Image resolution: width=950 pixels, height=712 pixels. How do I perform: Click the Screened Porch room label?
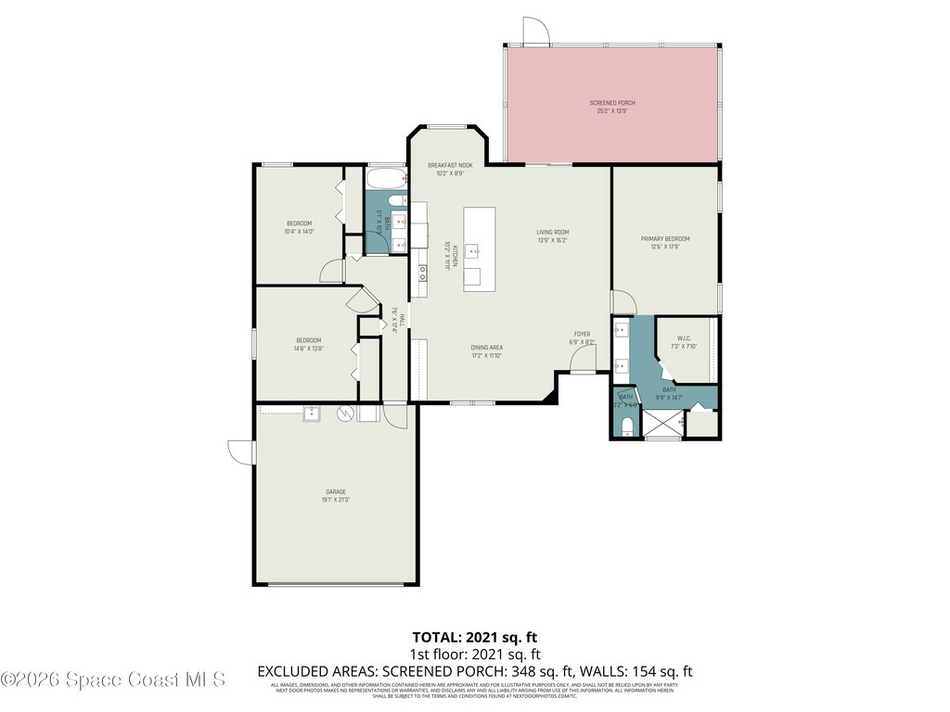(612, 103)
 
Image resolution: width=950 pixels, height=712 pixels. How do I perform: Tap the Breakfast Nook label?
(450, 165)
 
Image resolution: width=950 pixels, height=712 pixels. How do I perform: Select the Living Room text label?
(552, 232)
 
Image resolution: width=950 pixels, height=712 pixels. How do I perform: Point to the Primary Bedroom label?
(665, 239)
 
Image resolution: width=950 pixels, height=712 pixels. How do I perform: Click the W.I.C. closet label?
(685, 338)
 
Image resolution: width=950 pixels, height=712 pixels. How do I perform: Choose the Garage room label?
(335, 491)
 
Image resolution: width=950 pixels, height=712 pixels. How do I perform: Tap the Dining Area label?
(486, 348)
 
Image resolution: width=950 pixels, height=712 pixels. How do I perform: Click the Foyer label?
(582, 334)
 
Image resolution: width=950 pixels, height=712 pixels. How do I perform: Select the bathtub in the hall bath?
(385, 177)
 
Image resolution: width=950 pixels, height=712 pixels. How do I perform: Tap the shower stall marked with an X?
(662, 424)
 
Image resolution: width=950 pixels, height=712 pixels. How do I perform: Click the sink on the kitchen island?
(473, 250)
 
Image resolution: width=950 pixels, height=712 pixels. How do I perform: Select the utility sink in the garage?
(311, 413)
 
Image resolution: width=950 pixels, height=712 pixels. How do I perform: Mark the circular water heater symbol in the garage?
(346, 413)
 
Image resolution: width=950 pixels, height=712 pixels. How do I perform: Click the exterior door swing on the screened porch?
(534, 31)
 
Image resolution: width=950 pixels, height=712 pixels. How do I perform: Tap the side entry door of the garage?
(241, 451)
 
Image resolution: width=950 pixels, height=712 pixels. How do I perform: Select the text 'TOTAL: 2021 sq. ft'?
(474, 637)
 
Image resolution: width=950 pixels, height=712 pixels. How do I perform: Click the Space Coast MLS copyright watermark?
(113, 680)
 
